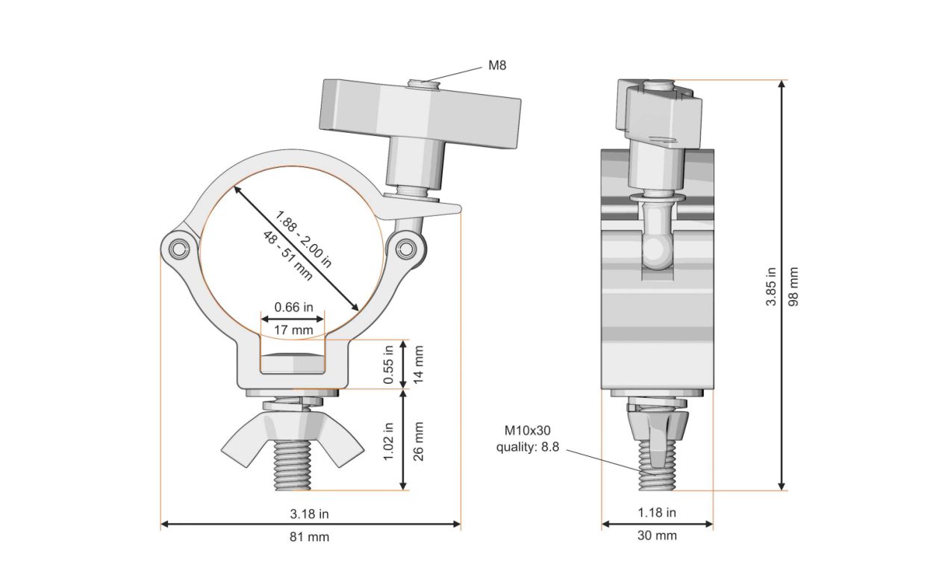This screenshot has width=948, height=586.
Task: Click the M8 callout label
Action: click(x=497, y=65)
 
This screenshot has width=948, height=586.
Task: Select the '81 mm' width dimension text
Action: click(x=309, y=537)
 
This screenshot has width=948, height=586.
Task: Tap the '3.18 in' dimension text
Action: click(x=309, y=514)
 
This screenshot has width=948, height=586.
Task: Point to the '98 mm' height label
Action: click(x=793, y=287)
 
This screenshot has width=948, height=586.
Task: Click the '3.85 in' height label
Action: click(x=771, y=287)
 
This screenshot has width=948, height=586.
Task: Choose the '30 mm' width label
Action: click(x=657, y=536)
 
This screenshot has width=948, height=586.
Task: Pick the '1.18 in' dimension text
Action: click(x=657, y=513)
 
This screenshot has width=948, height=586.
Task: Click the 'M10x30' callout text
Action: click(x=527, y=430)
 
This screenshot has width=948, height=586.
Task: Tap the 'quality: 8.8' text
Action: click(x=527, y=447)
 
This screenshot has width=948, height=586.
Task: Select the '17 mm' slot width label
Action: click(x=293, y=330)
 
